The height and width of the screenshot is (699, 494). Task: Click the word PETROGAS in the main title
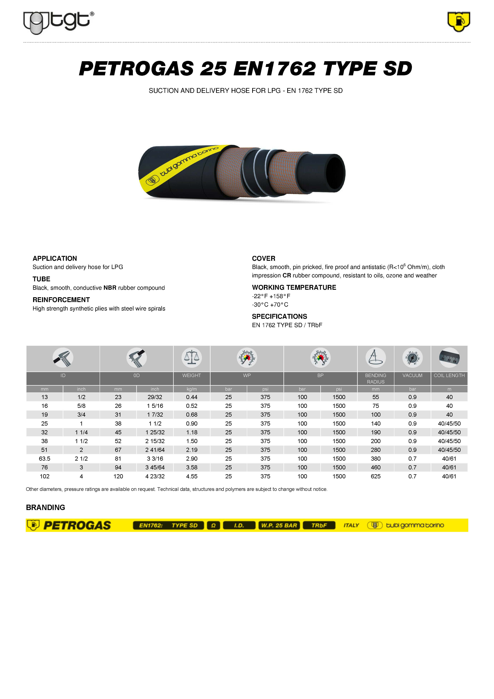(x=136, y=69)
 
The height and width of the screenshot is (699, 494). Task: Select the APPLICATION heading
(x=55, y=258)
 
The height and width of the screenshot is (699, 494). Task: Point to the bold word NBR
(x=110, y=288)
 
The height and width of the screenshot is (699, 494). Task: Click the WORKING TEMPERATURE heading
(x=294, y=287)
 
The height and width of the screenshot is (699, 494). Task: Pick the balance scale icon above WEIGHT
(x=192, y=358)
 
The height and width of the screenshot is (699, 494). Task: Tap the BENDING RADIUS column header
(x=376, y=378)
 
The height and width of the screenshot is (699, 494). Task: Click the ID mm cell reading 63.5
(x=44, y=458)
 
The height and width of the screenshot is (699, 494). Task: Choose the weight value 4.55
(x=192, y=476)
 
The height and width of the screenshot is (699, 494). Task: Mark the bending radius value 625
(x=376, y=476)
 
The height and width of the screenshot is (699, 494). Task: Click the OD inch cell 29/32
(x=155, y=397)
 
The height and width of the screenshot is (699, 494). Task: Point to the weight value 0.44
(x=192, y=397)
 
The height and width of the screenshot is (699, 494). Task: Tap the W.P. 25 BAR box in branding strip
(x=279, y=525)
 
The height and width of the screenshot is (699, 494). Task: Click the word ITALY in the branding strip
(x=351, y=525)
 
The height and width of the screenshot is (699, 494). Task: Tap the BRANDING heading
(x=46, y=508)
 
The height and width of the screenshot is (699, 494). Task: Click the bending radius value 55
(x=376, y=397)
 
